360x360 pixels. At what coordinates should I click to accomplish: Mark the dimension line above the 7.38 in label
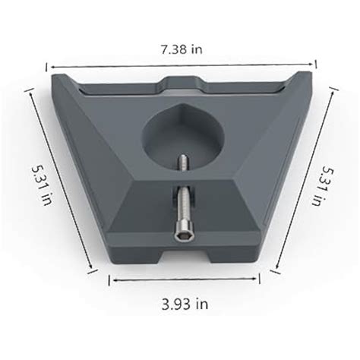(181, 65)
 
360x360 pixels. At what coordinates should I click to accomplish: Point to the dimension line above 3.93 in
(185, 279)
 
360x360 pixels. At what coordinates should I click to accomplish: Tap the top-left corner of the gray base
(53, 74)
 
